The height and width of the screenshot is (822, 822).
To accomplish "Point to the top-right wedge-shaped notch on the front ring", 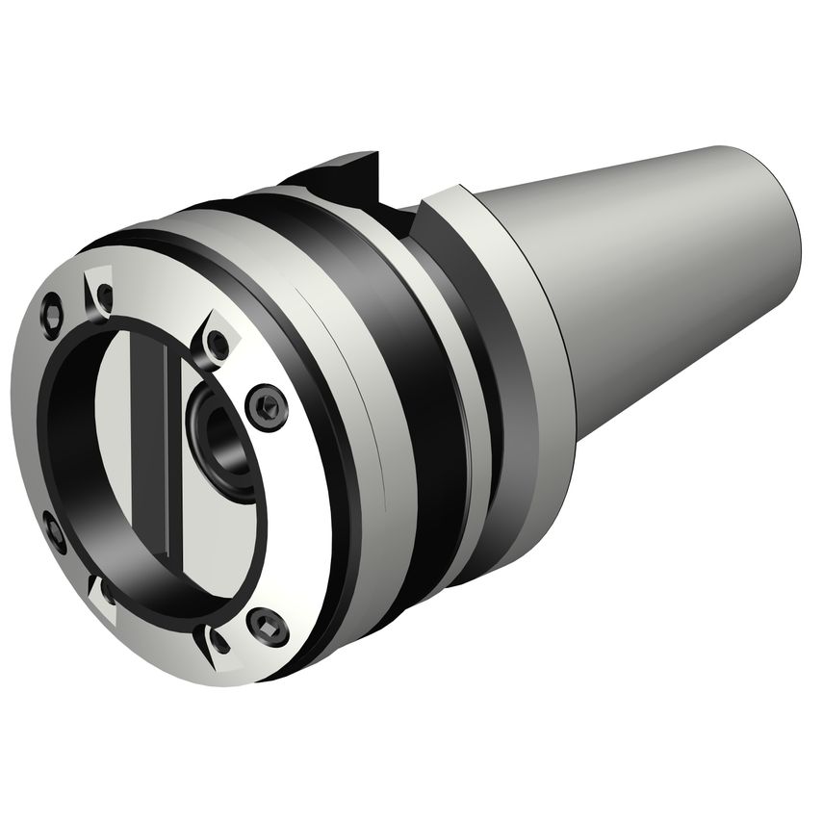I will pos(218,341).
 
